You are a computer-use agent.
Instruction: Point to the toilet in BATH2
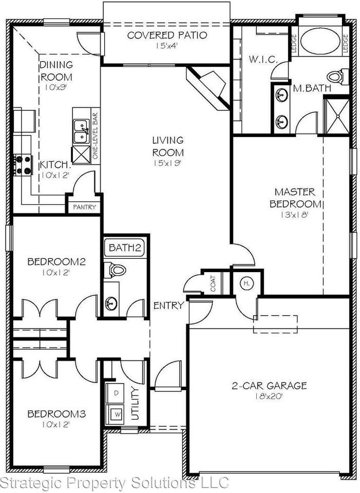(x=116, y=269)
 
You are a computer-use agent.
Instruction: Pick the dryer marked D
(x=116, y=393)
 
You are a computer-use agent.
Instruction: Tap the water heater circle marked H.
(x=245, y=283)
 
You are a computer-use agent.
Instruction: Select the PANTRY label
(x=82, y=207)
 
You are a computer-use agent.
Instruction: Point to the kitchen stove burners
(x=23, y=164)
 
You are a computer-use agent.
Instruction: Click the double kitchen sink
(x=81, y=131)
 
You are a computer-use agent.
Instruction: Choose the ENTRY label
(x=168, y=306)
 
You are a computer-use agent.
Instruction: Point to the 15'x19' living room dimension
(x=166, y=164)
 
